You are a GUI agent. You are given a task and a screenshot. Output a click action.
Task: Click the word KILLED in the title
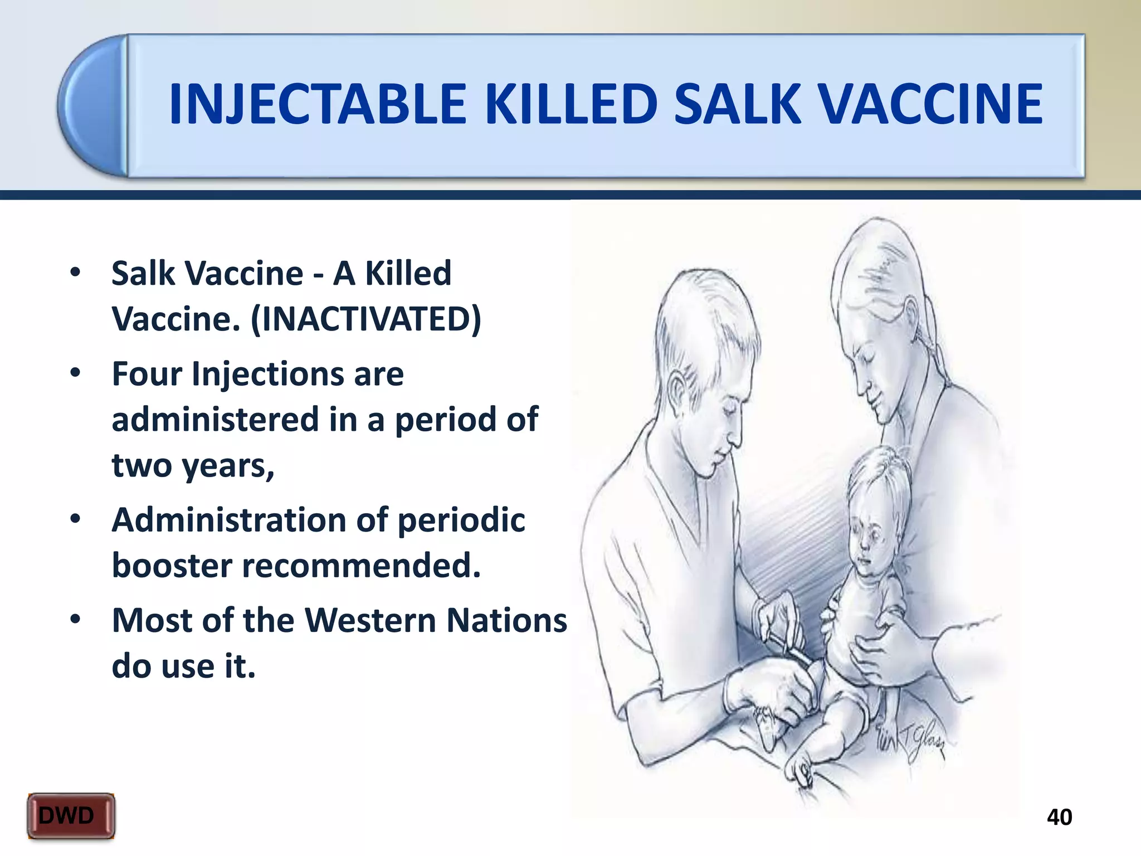571,104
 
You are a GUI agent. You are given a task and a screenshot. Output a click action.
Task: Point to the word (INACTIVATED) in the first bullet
366,319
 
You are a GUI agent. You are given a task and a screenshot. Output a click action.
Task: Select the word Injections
267,374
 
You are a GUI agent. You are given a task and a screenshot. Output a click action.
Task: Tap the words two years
193,465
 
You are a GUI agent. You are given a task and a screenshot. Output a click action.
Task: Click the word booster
172,565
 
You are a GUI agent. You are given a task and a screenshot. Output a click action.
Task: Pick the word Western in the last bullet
370,620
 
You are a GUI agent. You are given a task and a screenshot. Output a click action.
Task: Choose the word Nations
506,620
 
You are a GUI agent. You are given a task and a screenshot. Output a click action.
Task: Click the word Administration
228,520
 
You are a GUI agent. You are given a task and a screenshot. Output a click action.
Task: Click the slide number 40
1059,817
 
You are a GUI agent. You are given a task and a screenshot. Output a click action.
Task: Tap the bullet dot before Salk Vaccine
75,273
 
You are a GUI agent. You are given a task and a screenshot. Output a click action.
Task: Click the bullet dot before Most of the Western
75,620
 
